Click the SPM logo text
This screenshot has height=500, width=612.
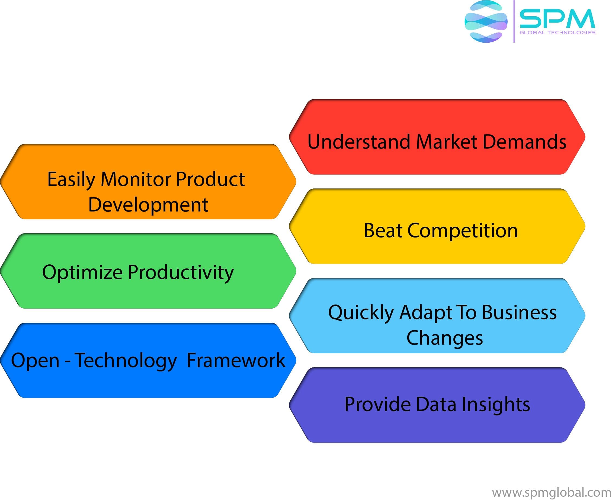(x=557, y=19)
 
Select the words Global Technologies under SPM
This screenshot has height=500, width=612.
(x=557, y=33)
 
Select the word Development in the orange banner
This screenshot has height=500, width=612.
(x=148, y=205)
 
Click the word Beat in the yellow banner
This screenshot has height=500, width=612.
(x=383, y=231)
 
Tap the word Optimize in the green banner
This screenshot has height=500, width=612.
(x=82, y=273)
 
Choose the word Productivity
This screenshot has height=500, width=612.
(x=181, y=273)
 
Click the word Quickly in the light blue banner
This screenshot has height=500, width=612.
(x=361, y=313)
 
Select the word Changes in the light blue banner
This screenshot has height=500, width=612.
(x=444, y=338)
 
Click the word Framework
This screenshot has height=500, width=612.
(x=236, y=361)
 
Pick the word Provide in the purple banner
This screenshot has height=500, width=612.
(x=377, y=404)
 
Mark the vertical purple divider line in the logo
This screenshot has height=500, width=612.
(x=514, y=22)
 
